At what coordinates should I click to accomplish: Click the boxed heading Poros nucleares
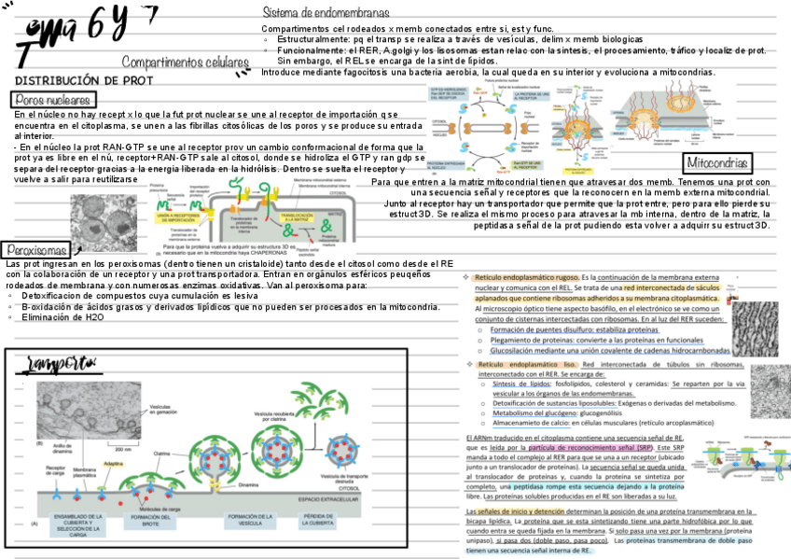[x=53, y=100]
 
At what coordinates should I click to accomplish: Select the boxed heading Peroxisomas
[x=36, y=250]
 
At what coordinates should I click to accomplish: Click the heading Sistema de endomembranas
[x=326, y=13]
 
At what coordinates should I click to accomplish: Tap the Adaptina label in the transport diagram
[x=116, y=461]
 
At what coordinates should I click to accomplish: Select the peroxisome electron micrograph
[x=105, y=220]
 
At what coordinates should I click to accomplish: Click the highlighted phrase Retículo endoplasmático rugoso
[x=526, y=278]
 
